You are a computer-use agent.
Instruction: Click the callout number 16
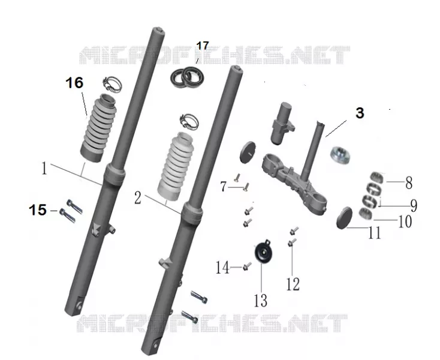75,83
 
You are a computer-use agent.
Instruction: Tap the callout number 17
203,46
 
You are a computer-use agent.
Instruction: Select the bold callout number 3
360,113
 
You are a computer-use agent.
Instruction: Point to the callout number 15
38,210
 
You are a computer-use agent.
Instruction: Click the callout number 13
261,301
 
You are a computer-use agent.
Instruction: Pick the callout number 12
293,284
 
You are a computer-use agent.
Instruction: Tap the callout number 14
222,268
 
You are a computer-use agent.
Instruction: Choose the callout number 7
224,187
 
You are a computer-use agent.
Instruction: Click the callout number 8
409,183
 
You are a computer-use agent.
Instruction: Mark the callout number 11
375,233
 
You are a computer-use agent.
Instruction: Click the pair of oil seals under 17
188,76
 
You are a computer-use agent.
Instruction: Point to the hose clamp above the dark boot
112,85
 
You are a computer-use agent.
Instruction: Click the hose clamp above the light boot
189,122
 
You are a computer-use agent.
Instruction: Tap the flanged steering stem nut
340,155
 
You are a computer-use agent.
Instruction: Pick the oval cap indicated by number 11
344,218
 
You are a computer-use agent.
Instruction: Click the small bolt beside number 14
247,266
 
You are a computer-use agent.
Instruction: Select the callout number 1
44,169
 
